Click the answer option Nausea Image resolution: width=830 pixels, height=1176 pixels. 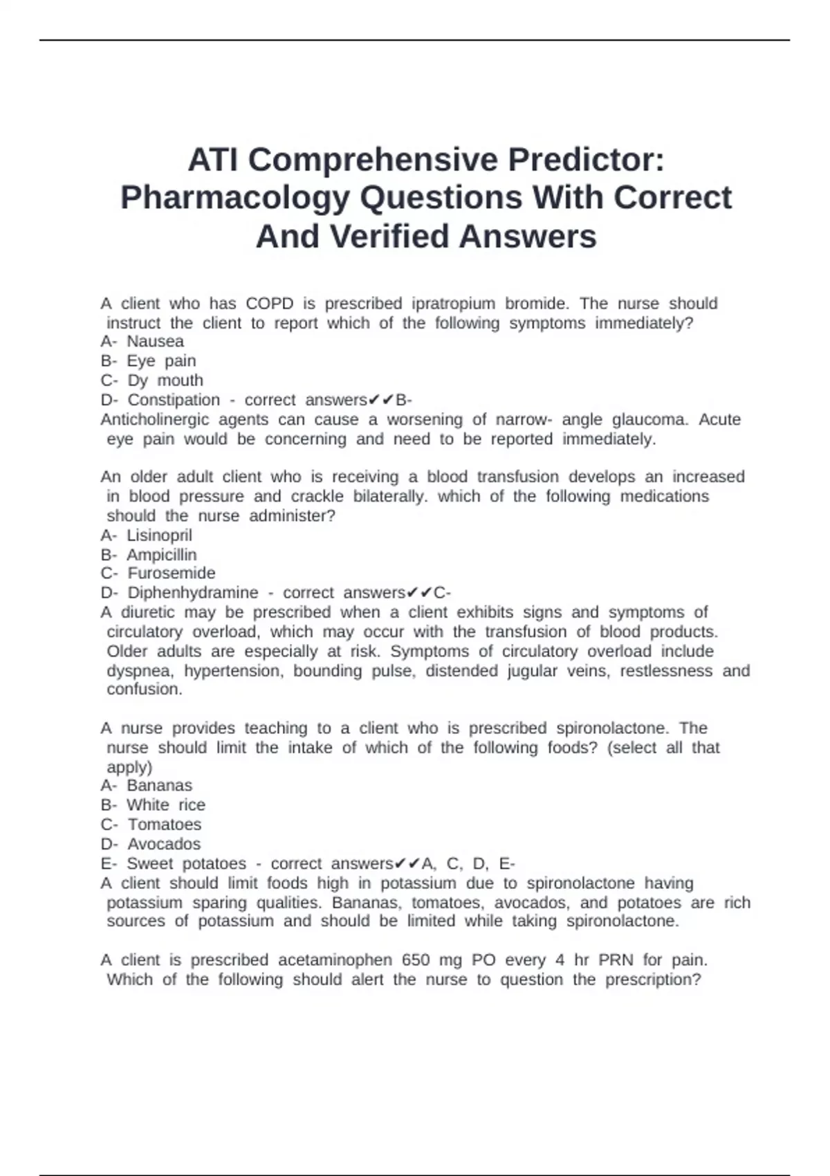(155, 342)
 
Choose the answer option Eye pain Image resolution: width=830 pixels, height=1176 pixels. (161, 361)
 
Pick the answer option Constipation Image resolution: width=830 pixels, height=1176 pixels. (174, 400)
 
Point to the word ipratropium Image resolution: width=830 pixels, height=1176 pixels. (453, 304)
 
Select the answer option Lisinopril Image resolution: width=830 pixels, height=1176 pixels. (159, 535)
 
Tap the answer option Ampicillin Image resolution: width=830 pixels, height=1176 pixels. (161, 555)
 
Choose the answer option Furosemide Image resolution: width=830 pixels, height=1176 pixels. (171, 573)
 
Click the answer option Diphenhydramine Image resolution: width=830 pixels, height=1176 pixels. (193, 593)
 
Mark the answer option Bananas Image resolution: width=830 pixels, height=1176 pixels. (159, 786)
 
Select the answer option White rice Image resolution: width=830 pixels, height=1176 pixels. (165, 805)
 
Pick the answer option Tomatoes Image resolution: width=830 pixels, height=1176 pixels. (164, 825)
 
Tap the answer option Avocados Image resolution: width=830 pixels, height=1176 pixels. (164, 844)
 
